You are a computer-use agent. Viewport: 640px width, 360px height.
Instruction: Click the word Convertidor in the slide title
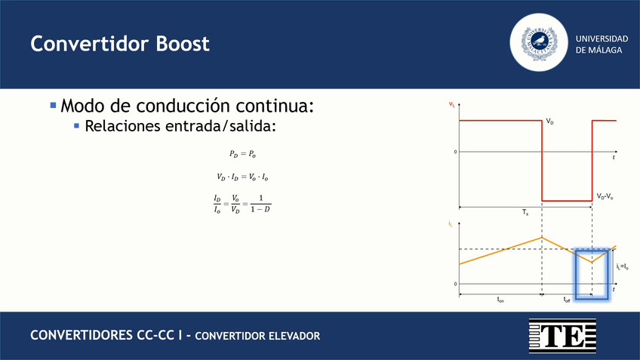pos(85,44)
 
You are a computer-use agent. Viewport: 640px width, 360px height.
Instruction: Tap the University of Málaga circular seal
pos(539,44)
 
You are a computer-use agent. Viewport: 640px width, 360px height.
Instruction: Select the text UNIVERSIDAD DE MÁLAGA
pos(601,44)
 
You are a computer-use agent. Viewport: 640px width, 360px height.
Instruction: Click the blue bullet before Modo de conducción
pos(53,106)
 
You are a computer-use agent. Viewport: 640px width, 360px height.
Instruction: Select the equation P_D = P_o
pos(243,154)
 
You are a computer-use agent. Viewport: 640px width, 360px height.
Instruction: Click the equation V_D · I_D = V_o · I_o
pos(243,177)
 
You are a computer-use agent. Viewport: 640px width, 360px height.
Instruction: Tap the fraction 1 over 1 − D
pos(260,203)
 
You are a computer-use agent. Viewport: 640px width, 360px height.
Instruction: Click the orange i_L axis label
pos(451,224)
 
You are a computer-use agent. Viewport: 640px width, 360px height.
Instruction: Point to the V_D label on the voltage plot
pos(550,122)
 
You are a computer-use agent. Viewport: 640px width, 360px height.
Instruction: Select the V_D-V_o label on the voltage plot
pos(605,196)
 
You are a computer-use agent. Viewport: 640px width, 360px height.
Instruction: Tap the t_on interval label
pos(500,300)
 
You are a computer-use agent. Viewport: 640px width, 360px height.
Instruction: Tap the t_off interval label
pos(567,300)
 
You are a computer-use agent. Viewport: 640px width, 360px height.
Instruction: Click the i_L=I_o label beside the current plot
pos(623,266)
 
